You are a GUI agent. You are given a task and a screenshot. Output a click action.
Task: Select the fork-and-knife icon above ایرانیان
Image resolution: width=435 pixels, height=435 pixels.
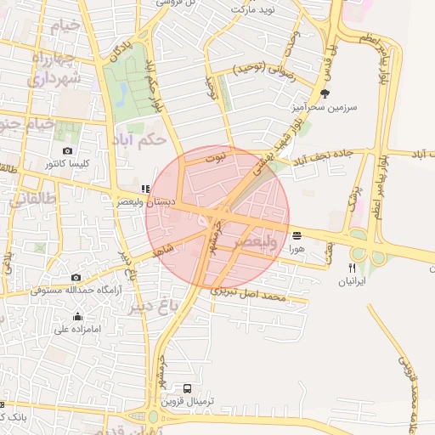coord(352,267)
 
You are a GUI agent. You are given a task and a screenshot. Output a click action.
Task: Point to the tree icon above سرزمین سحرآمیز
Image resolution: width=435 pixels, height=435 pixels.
coord(324,93)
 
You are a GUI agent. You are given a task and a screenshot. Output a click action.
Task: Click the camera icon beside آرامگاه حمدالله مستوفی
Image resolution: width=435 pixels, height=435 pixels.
coord(76,277)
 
